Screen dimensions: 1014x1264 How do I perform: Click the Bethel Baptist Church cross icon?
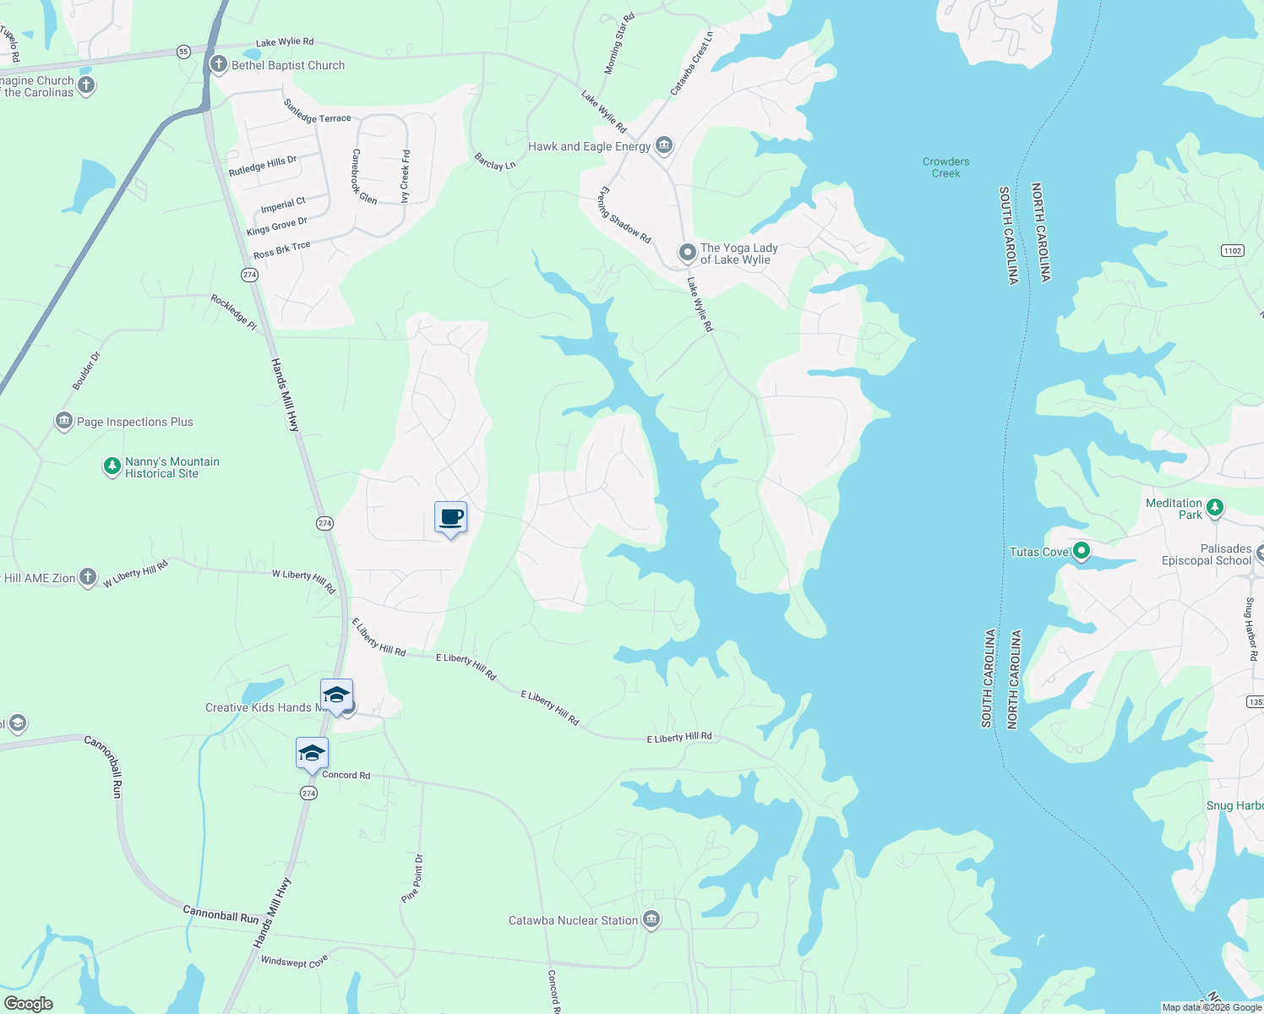[219, 64]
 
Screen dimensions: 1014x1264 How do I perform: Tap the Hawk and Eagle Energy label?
[589, 146]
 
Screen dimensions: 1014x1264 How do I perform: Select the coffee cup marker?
[450, 517]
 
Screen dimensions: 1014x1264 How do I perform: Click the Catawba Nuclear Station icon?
[651, 919]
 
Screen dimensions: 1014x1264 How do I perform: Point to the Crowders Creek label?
[945, 167]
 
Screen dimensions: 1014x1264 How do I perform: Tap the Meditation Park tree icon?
[1214, 507]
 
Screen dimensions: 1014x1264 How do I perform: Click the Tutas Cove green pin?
[1081, 552]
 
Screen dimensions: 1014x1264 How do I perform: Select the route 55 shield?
[183, 52]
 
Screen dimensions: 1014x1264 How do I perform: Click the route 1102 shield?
[1233, 250]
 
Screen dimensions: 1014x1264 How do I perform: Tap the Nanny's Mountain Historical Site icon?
[112, 466]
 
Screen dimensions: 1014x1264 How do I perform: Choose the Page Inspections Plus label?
[135, 422]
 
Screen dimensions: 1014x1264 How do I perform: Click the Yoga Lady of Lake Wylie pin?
[688, 252]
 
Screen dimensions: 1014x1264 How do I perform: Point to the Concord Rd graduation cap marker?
[312, 753]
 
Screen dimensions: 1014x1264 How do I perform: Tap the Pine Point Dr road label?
[413, 878]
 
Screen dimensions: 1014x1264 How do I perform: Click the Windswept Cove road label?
[294, 962]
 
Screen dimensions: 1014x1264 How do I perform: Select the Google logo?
[29, 1003]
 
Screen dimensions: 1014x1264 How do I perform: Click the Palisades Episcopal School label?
[1206, 554]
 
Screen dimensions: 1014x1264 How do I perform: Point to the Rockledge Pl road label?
[234, 312]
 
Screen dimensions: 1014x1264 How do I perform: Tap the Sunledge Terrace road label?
[317, 112]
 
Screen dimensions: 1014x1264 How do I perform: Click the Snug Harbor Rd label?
[1251, 629]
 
